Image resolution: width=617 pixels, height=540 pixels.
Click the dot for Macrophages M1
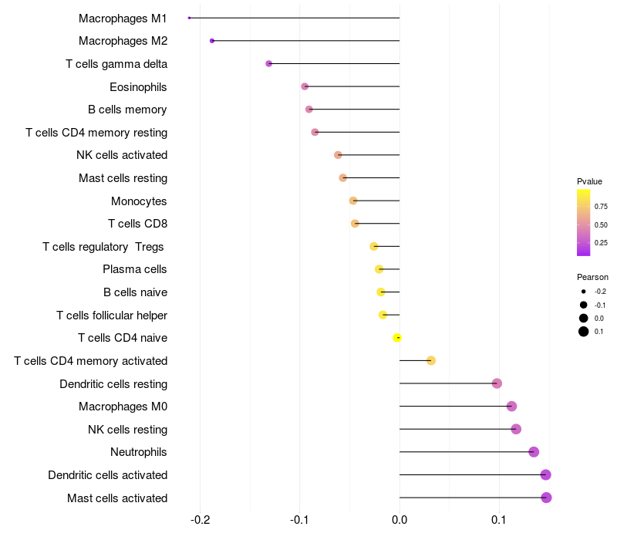coord(189,18)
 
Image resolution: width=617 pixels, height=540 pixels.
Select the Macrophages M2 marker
coord(212,41)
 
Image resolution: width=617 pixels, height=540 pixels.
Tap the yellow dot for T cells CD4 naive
coord(397,338)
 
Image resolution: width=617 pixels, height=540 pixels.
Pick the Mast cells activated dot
coord(546,498)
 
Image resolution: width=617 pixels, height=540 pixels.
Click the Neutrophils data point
coord(534,452)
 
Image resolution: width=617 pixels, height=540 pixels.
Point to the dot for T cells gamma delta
coord(268,63)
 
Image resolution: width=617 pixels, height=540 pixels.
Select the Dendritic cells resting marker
coord(497,383)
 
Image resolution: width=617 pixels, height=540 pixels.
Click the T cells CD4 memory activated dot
coord(431,361)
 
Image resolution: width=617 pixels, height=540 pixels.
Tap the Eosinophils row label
coord(138,87)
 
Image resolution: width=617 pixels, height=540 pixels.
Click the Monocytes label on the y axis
coord(139,201)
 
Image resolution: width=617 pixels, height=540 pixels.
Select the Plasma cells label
coord(135,269)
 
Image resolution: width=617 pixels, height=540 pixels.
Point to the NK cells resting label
coord(127,430)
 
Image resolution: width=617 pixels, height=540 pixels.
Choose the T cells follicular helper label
coord(112,316)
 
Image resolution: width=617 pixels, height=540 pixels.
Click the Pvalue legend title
coord(589,181)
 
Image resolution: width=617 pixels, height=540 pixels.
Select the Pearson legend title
coord(592,277)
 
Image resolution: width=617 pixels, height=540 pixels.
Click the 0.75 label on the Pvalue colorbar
coord(601,207)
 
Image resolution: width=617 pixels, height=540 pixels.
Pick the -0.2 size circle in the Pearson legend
coord(584,292)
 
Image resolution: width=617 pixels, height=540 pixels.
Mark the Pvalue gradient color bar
coord(584,222)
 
